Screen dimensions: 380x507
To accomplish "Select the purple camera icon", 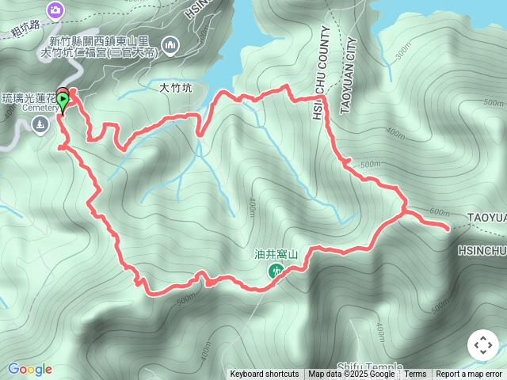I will coord(56,10).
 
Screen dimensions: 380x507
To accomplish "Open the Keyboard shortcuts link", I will coord(265,374).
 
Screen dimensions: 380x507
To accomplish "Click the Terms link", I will coord(415,374).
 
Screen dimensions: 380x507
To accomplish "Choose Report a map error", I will coord(469,374).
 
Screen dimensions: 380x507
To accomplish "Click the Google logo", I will coord(29,369).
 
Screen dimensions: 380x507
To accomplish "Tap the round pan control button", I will coord(482,345).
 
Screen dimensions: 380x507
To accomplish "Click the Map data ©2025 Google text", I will coord(351,374).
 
